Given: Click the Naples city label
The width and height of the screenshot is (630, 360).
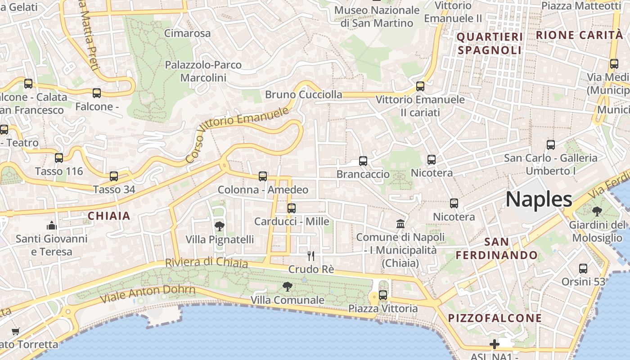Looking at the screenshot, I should pyautogui.click(x=539, y=199).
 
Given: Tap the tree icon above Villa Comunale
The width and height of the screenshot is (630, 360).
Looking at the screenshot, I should pyautogui.click(x=287, y=286).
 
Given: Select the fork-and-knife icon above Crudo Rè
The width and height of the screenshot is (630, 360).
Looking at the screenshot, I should pyautogui.click(x=310, y=256).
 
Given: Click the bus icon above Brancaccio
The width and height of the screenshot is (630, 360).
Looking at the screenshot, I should pyautogui.click(x=363, y=161).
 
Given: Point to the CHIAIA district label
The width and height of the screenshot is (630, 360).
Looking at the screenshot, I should pyautogui.click(x=109, y=216).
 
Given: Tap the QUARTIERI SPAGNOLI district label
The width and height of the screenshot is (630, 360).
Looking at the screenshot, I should pyautogui.click(x=490, y=43).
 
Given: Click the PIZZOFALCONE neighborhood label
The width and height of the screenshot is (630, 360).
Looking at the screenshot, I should pyautogui.click(x=495, y=318).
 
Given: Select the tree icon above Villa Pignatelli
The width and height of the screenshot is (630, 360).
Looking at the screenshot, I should pyautogui.click(x=220, y=226).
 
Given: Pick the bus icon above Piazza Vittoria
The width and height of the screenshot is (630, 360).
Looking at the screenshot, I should pyautogui.click(x=383, y=295).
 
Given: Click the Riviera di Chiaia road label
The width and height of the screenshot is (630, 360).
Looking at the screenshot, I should pyautogui.click(x=206, y=262).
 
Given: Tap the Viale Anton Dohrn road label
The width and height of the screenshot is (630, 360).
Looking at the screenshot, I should pyautogui.click(x=148, y=294).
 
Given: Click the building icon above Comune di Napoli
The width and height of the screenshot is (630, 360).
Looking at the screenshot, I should pyautogui.click(x=400, y=224).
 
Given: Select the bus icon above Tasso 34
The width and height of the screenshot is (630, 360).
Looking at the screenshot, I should pyautogui.click(x=114, y=176).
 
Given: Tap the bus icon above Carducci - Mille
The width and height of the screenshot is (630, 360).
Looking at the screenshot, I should pyautogui.click(x=292, y=208).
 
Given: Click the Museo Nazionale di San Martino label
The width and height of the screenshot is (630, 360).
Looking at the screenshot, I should pyautogui.click(x=377, y=16).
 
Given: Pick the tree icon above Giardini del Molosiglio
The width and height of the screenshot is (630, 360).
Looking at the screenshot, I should pyautogui.click(x=597, y=211).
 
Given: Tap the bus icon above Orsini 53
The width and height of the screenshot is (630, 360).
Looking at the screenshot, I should pyautogui.click(x=583, y=269).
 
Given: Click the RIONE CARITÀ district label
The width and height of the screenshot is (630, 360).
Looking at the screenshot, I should pyautogui.click(x=580, y=35).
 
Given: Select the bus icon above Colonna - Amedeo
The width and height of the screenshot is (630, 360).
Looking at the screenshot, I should pyautogui.click(x=263, y=176).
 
